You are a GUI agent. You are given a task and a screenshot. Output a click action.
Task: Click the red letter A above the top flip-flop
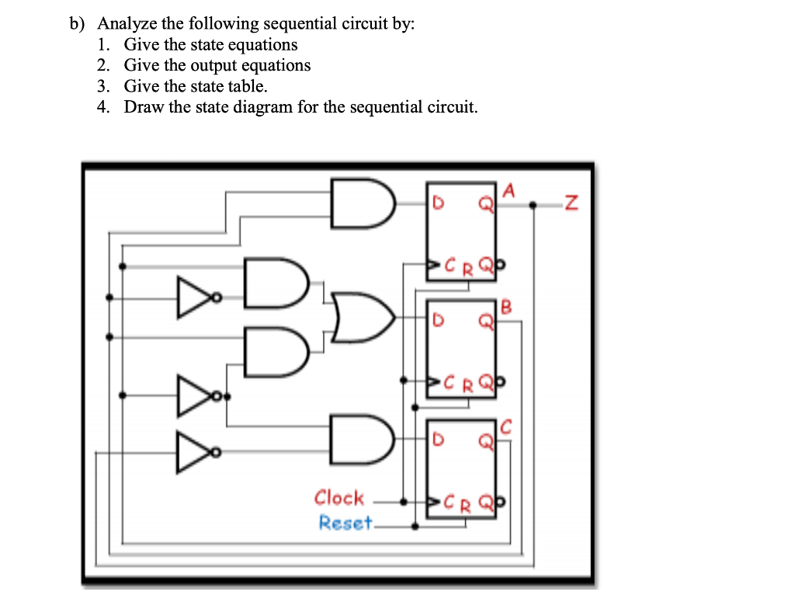coord(509,189)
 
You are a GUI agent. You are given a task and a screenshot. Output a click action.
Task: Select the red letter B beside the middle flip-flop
coord(507,306)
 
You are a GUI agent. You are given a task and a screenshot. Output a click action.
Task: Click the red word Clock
coord(338,498)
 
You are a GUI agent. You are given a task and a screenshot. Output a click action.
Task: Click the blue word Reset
coord(345,523)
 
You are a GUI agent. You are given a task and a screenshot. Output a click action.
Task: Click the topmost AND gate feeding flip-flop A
coord(361,203)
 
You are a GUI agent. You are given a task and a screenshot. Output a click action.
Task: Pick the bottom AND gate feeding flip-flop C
coord(361,440)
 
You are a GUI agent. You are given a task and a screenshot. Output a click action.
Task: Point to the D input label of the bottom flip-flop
coord(438,440)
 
